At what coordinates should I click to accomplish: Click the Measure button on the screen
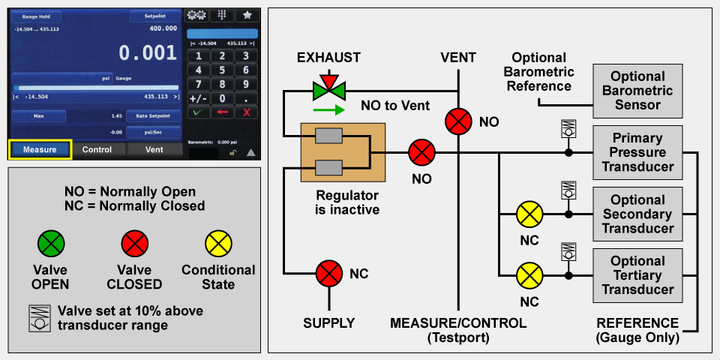pyautogui.click(x=40, y=149)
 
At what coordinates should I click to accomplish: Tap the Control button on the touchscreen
pyautogui.click(x=97, y=149)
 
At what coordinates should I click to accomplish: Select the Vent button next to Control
pyautogui.click(x=154, y=149)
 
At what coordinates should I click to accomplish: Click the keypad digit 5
pyautogui.click(x=222, y=70)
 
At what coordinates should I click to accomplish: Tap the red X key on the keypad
pyautogui.click(x=246, y=112)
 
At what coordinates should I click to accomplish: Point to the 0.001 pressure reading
pyautogui.click(x=148, y=53)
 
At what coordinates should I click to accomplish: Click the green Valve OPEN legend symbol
pyautogui.click(x=51, y=243)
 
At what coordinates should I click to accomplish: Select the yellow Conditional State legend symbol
pyautogui.click(x=218, y=243)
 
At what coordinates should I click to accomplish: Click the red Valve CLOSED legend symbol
pyautogui.click(x=134, y=243)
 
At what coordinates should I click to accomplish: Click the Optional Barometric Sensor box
pyautogui.click(x=637, y=91)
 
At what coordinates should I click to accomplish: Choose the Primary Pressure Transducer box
pyautogui.click(x=637, y=152)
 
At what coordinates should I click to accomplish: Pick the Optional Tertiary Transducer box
pyautogui.click(x=637, y=275)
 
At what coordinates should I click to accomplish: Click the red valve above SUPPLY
pyautogui.click(x=328, y=273)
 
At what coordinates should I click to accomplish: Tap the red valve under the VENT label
pyautogui.click(x=458, y=121)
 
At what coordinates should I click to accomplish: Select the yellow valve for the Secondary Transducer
pyautogui.click(x=529, y=214)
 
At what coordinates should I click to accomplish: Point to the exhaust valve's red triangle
pyautogui.click(x=328, y=79)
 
